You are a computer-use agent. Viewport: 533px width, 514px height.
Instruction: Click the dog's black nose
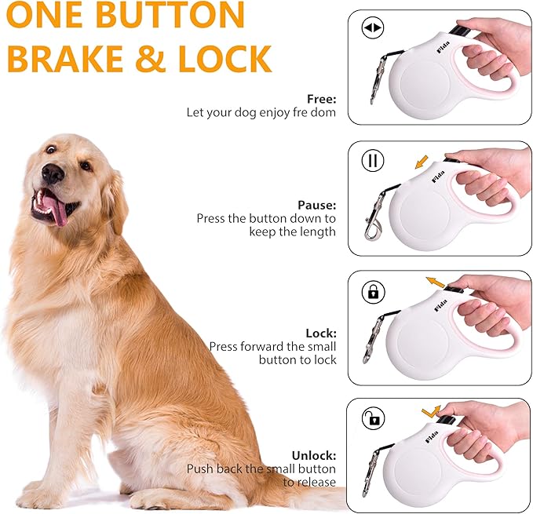point(53,173)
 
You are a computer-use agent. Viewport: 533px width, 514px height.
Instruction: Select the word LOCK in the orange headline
point(227,59)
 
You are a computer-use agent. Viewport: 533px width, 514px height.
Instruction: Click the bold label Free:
point(321,100)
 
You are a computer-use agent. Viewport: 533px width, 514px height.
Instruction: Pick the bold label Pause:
point(316,206)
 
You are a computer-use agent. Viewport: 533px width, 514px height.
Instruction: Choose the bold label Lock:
point(321,333)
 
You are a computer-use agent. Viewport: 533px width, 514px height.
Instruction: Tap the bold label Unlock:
point(314,455)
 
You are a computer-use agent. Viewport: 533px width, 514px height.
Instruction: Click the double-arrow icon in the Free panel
point(373,29)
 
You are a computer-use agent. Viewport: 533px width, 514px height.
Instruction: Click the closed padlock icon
point(373,292)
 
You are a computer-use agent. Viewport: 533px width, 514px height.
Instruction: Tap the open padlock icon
point(373,419)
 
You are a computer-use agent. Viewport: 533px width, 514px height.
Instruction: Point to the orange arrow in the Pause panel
point(422,162)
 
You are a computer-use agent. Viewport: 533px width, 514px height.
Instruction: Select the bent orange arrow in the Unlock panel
point(430,410)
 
